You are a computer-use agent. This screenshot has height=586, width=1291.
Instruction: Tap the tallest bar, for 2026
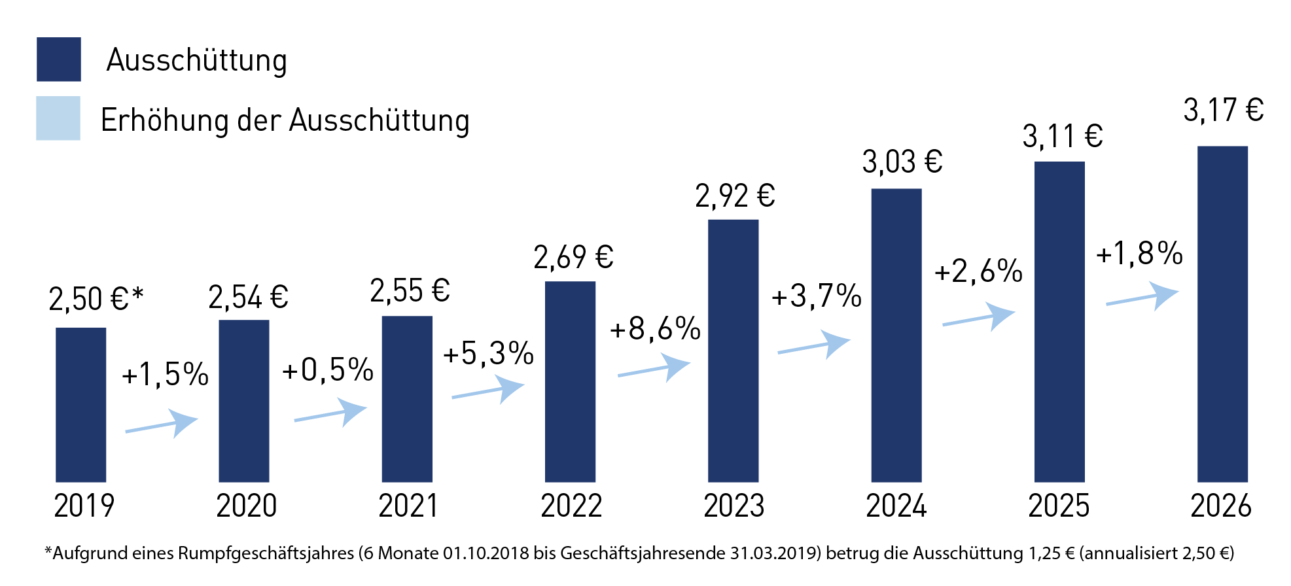coord(1222,314)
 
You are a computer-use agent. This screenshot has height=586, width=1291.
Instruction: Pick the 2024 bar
coord(896,335)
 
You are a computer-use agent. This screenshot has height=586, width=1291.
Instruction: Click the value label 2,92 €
coord(735,196)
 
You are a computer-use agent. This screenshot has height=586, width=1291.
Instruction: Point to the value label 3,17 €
coord(1223,110)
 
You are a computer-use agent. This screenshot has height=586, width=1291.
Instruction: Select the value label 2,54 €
coord(248,298)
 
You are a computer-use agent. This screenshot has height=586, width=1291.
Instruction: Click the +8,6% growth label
coord(655,328)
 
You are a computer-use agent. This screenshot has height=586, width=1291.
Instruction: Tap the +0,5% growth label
coord(327,370)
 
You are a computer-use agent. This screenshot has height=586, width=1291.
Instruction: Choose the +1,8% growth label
coord(1139,254)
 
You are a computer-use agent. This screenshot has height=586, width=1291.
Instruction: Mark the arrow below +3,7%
coord(814,345)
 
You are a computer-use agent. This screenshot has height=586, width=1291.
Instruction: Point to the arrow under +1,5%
coord(162,424)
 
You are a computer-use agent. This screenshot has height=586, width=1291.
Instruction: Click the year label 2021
coord(408,506)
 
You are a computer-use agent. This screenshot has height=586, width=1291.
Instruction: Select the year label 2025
coord(1059,506)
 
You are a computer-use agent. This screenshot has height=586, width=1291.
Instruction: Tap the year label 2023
coord(734,506)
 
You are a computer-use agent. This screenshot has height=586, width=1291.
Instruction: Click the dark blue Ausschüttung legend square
coord(59,60)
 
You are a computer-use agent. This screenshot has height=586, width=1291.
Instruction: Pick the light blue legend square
coord(58,118)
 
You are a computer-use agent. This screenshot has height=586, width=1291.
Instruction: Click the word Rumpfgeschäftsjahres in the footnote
coord(266,554)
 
